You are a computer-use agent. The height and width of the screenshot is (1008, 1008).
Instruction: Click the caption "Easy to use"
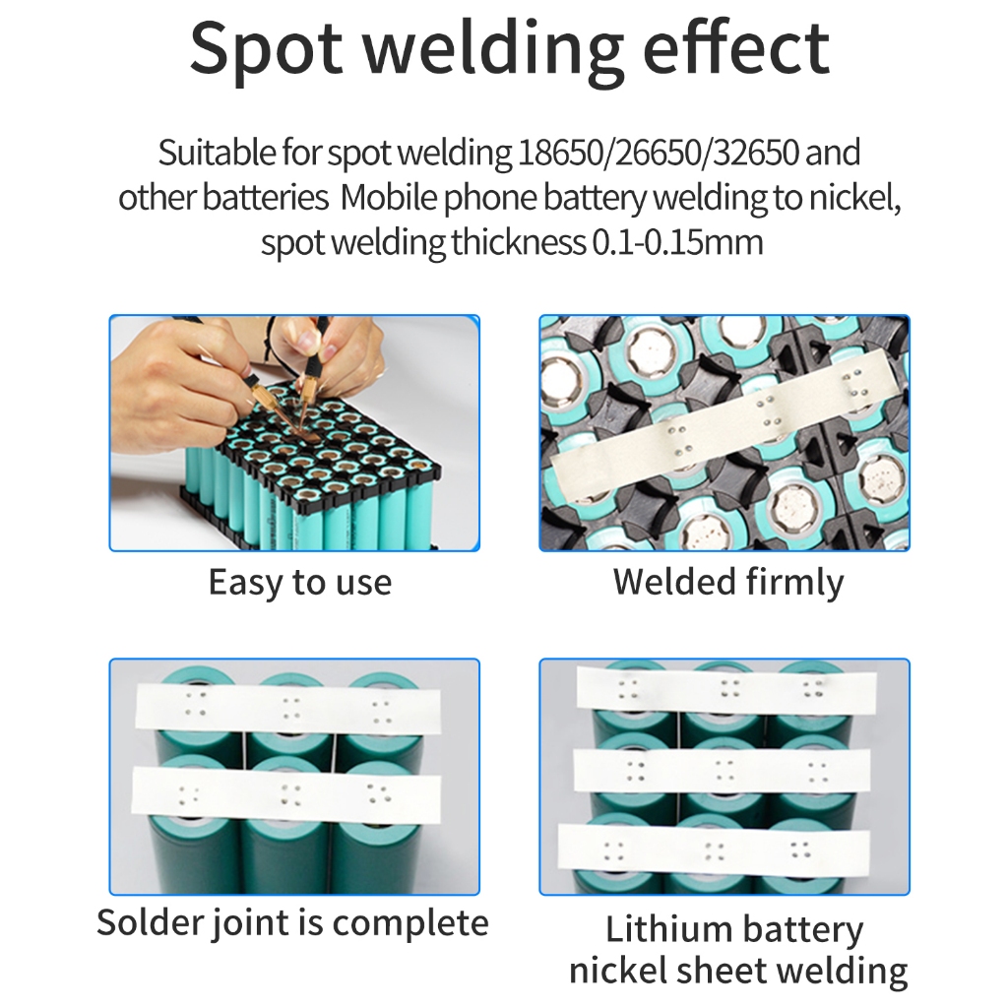[299, 582]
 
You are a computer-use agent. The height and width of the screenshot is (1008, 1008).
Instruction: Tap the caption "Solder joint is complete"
[292, 923]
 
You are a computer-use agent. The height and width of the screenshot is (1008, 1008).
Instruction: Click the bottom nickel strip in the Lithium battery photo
[714, 848]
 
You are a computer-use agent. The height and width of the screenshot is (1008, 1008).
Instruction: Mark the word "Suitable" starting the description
[204, 154]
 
